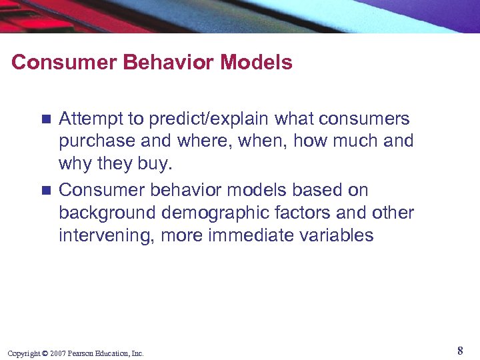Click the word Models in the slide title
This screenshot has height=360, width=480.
(x=256, y=63)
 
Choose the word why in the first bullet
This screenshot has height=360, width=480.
(x=74, y=164)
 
